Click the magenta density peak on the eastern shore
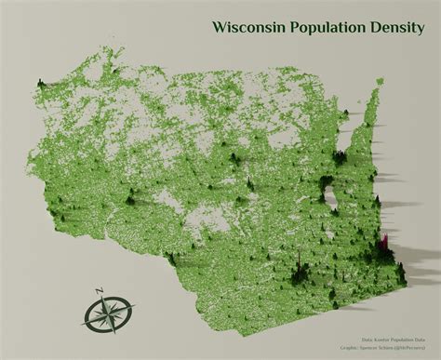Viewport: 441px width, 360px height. (x=383, y=245)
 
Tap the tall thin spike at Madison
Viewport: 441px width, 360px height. (x=297, y=261)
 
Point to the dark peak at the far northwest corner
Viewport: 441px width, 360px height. (x=41, y=87)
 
